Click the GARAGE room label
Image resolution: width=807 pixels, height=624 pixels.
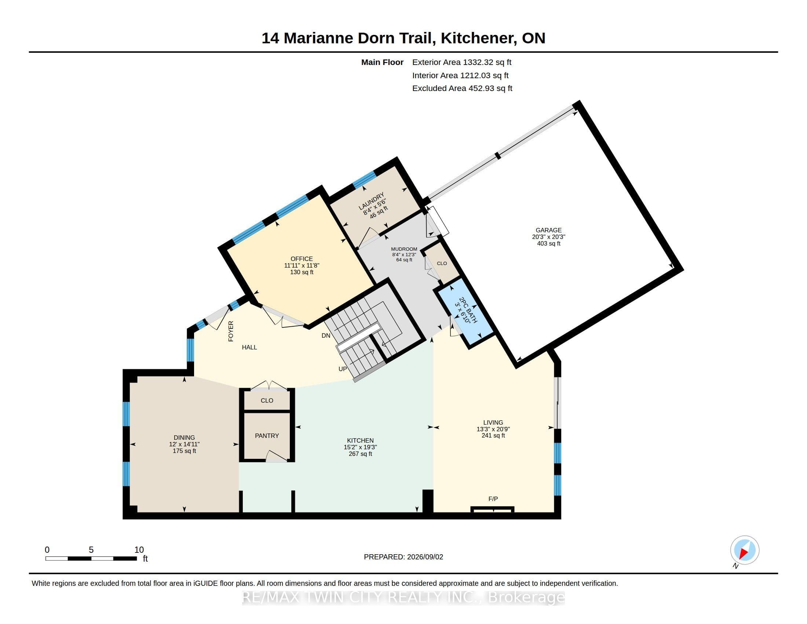548,230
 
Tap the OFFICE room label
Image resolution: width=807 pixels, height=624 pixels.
302,259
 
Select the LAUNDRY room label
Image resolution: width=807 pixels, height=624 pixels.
371,201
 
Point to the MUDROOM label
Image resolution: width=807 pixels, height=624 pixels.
404,249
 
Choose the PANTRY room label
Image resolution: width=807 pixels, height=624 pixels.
267,436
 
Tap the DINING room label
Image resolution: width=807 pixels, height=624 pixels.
184,438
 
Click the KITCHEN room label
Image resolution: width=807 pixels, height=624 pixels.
360,440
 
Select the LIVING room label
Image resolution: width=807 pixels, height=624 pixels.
493,422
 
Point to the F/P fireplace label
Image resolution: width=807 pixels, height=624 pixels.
493,499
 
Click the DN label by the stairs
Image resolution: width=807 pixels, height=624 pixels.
325,335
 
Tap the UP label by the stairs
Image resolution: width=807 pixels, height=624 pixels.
343,369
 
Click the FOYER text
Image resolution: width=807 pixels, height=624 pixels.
231,331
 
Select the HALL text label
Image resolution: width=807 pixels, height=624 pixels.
249,347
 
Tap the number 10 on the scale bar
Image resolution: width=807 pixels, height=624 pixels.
139,550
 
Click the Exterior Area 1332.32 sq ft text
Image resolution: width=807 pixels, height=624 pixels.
461,62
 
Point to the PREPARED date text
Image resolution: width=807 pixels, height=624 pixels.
403,557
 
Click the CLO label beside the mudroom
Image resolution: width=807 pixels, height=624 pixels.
442,264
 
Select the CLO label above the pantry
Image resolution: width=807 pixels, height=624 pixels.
267,401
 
